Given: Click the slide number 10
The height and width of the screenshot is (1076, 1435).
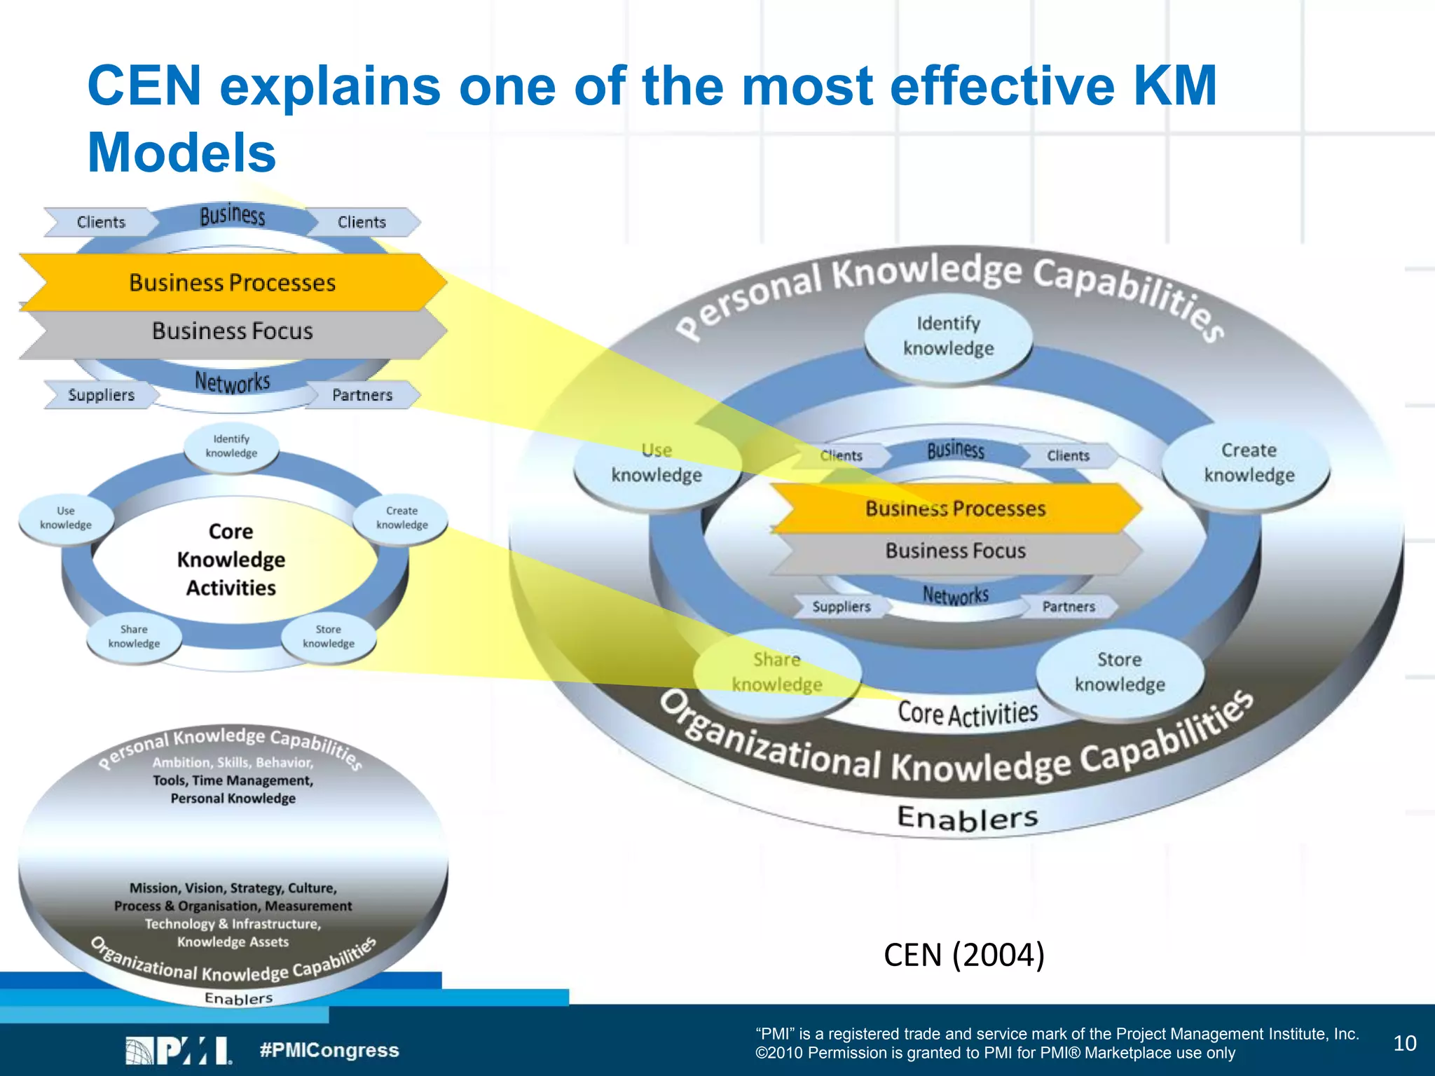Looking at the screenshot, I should (x=1405, y=1044).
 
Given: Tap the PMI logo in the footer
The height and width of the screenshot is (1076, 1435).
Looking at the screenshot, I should (x=178, y=1050).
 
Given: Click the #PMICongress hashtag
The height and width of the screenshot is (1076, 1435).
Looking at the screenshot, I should (x=329, y=1050).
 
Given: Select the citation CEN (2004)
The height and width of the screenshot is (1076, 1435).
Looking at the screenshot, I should (x=964, y=955).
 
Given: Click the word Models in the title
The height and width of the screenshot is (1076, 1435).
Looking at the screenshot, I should (x=181, y=153).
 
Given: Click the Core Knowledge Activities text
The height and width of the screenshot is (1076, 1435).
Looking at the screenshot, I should (x=231, y=560).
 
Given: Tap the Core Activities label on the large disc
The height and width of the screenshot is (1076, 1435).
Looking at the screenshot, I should (x=968, y=714).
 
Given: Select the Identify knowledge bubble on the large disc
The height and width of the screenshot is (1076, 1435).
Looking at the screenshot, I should (x=948, y=336).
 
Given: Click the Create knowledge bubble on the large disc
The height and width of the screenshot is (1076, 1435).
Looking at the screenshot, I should (x=1249, y=463).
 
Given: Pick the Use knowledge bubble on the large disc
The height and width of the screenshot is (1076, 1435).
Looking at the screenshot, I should (x=657, y=463).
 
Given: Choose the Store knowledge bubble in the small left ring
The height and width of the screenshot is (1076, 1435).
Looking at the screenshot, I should (x=329, y=637).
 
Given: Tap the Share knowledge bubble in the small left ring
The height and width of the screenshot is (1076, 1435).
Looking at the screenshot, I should (x=134, y=637).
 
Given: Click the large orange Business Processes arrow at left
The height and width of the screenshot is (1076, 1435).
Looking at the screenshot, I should (x=233, y=282).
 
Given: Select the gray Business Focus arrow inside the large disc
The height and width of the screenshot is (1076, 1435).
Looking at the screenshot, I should (x=955, y=551).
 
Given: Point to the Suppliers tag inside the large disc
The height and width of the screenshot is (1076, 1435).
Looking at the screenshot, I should (x=841, y=607).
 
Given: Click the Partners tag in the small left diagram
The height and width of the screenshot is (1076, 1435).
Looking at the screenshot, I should (x=362, y=395).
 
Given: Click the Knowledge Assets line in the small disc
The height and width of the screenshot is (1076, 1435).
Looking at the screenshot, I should (x=233, y=942).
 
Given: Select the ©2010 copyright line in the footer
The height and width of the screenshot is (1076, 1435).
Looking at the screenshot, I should (x=995, y=1054).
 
